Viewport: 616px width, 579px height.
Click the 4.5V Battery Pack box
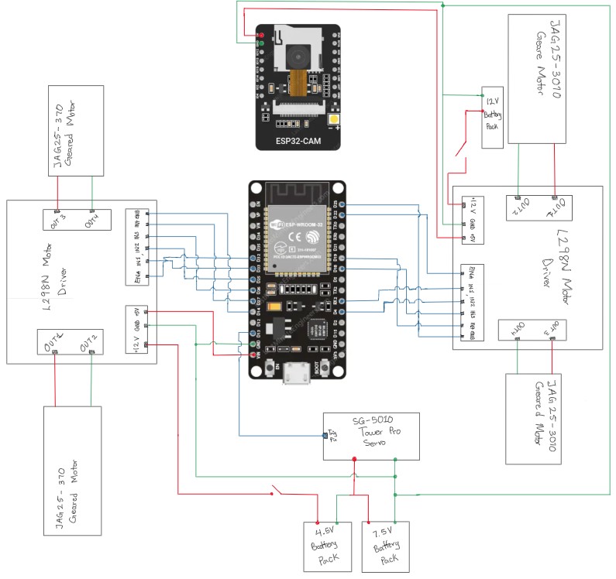[x=323, y=546]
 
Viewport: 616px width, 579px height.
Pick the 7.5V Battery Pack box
[x=386, y=546]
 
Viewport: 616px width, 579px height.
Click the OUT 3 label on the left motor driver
[x=57, y=218]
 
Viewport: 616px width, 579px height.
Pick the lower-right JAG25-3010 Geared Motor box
[x=541, y=419]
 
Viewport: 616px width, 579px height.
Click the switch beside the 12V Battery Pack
[x=463, y=149]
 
